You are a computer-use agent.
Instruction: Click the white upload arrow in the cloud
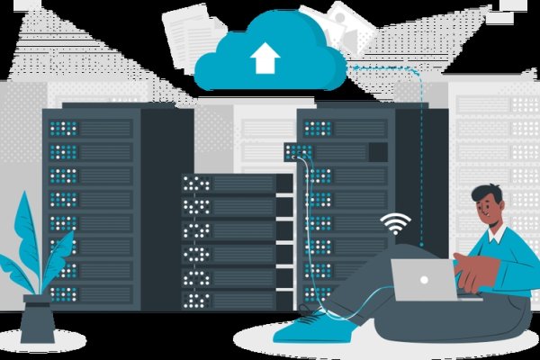click(265, 58)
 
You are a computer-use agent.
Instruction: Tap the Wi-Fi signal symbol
click(395, 223)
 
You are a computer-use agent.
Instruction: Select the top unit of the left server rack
click(90, 128)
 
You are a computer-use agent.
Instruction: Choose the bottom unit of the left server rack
click(90, 292)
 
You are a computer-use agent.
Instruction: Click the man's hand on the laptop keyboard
click(464, 265)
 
